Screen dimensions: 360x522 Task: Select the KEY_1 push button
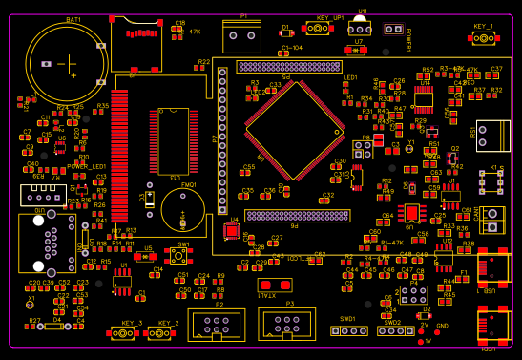point(484,38)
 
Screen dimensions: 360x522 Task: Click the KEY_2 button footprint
point(160,332)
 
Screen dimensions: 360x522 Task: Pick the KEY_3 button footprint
point(123,332)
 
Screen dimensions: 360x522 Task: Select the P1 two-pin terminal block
point(241,37)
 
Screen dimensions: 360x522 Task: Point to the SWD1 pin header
point(348,330)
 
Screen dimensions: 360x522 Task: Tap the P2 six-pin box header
point(216,325)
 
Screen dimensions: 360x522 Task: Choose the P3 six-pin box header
point(286,325)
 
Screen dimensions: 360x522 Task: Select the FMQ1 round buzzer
point(182,209)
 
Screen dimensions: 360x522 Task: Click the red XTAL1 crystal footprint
point(274,285)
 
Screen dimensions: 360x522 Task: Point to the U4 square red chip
point(232,231)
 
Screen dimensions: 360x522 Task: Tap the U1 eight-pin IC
point(122,281)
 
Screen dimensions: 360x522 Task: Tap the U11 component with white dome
point(359,26)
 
